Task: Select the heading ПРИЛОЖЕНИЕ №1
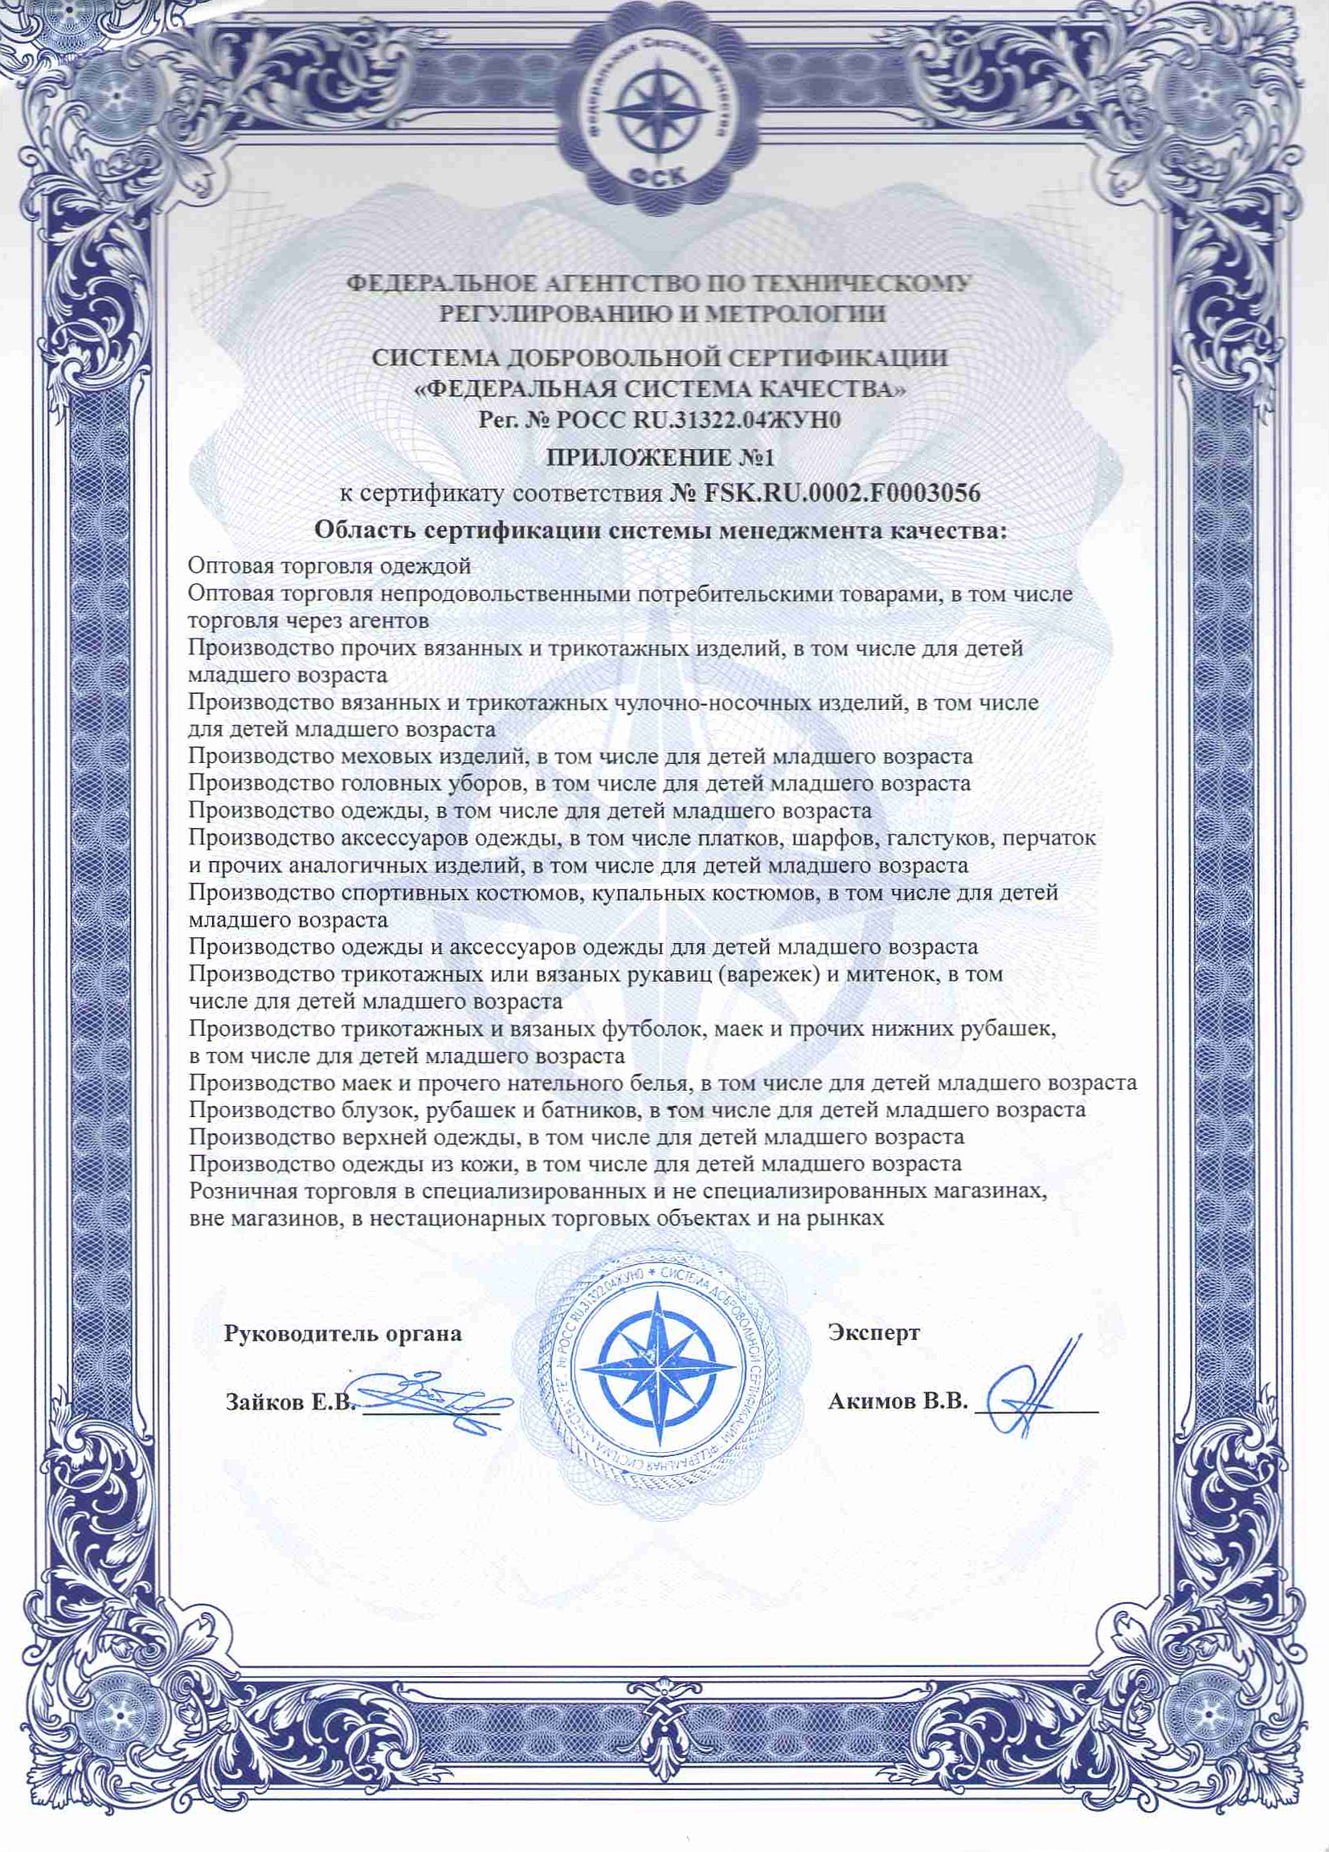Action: (660, 456)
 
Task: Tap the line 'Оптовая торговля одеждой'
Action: (330, 565)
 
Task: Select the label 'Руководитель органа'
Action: (342, 1333)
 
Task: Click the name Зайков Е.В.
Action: (290, 1403)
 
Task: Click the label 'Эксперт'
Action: (873, 1332)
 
